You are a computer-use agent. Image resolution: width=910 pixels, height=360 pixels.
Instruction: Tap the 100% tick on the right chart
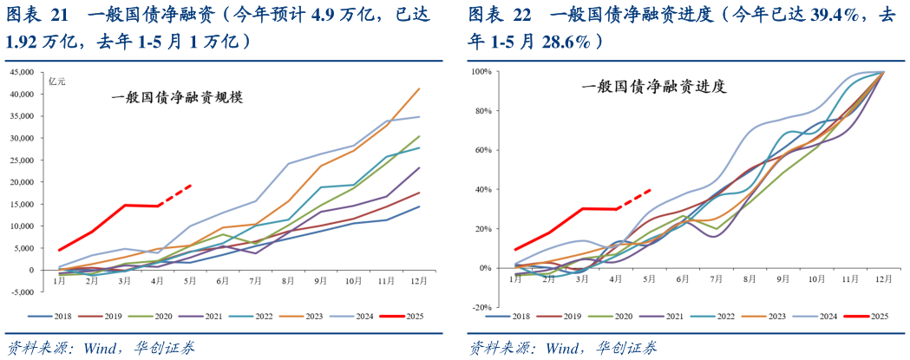coord(482,71)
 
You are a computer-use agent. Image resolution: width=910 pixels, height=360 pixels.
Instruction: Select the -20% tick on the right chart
coord(482,307)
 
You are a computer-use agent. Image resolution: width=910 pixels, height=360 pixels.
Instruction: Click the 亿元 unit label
coord(57,82)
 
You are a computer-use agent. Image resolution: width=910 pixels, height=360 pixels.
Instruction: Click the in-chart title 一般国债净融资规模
coord(176,98)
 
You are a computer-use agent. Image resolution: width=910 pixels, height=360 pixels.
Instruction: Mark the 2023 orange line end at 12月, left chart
coord(420,88)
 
